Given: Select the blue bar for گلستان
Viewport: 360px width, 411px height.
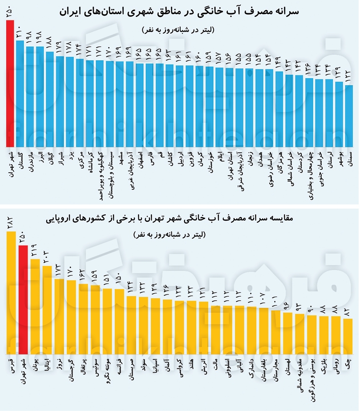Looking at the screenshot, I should coord(20,93).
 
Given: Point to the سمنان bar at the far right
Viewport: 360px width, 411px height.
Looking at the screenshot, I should coord(349,116).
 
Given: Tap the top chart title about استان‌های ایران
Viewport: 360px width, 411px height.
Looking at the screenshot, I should coord(180,12).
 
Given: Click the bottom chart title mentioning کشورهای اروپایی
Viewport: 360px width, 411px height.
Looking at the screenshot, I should coord(180,219).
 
